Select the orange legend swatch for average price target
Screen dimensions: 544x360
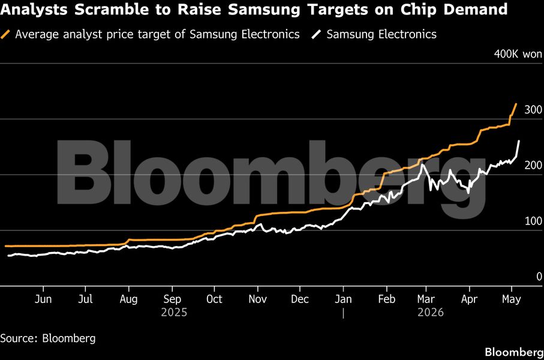pos(5,34)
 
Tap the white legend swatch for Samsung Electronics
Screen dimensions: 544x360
pos(317,34)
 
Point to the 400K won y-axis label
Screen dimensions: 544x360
pos(518,54)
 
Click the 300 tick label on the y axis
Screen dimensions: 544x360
pos(533,110)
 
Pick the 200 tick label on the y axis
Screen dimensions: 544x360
pos(533,165)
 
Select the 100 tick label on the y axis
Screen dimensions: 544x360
pos(533,221)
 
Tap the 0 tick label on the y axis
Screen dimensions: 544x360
pos(539,277)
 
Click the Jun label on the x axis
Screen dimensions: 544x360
pos(43,299)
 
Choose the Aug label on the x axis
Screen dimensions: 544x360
pos(129,299)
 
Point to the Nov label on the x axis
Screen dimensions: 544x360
pos(257,299)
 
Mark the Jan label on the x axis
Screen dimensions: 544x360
pos(343,299)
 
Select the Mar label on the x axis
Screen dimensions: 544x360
pos(426,299)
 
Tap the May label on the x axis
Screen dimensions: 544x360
pos(512,299)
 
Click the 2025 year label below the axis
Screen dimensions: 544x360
pos(174,313)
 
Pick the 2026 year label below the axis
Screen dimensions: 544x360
pos(431,313)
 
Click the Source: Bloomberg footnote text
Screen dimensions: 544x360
pos(48,338)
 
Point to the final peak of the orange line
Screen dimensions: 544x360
pos(516,104)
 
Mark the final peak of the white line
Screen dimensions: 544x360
pos(519,141)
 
